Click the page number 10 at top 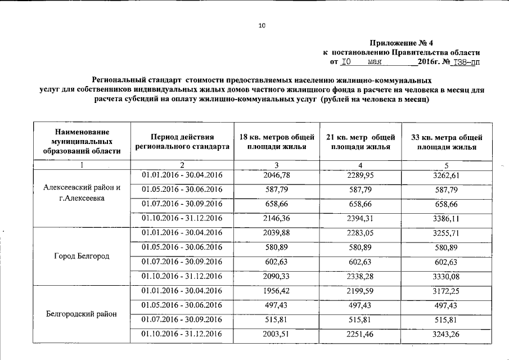(262, 25)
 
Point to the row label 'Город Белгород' (82, 256)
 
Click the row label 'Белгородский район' (82, 314)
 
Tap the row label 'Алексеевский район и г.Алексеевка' (82, 193)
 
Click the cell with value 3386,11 (447, 218)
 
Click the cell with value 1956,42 (277, 291)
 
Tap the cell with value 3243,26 (447, 334)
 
